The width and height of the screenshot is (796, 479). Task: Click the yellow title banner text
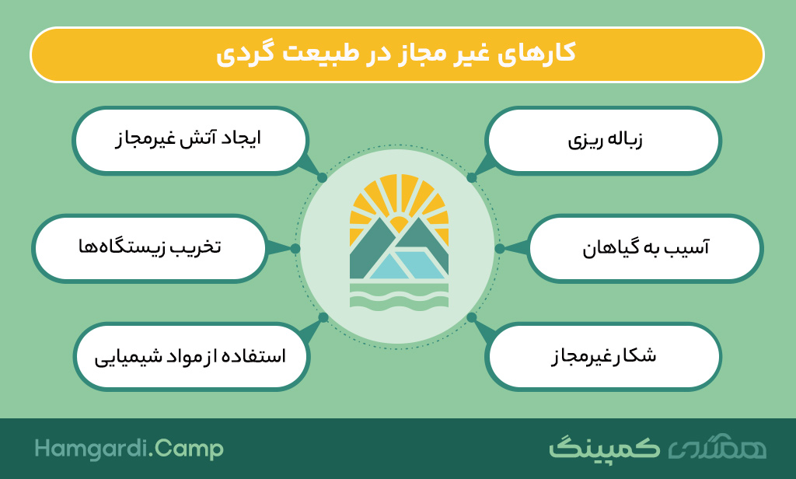[x=396, y=54]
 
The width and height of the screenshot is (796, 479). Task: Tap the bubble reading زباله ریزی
[x=603, y=141]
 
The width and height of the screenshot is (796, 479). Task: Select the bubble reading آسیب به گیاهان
[x=645, y=248]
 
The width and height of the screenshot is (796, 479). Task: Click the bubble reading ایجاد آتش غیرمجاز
[x=190, y=141]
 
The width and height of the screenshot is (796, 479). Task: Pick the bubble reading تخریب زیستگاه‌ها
[x=150, y=248]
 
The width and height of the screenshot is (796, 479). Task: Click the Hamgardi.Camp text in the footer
[x=129, y=449]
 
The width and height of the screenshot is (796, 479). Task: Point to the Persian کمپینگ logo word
[x=604, y=447]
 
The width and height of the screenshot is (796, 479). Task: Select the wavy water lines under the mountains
[x=399, y=296]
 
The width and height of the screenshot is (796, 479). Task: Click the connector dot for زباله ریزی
[x=472, y=178]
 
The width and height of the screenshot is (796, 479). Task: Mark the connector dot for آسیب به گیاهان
[x=500, y=248]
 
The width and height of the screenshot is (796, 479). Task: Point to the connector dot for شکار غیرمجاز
[x=472, y=317]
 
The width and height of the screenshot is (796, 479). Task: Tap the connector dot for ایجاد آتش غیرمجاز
[x=322, y=178]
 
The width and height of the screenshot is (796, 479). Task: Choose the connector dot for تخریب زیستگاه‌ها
[x=295, y=248]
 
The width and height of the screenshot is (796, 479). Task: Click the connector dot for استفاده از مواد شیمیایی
[x=323, y=317]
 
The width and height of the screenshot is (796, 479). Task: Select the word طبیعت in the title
[x=319, y=53]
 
